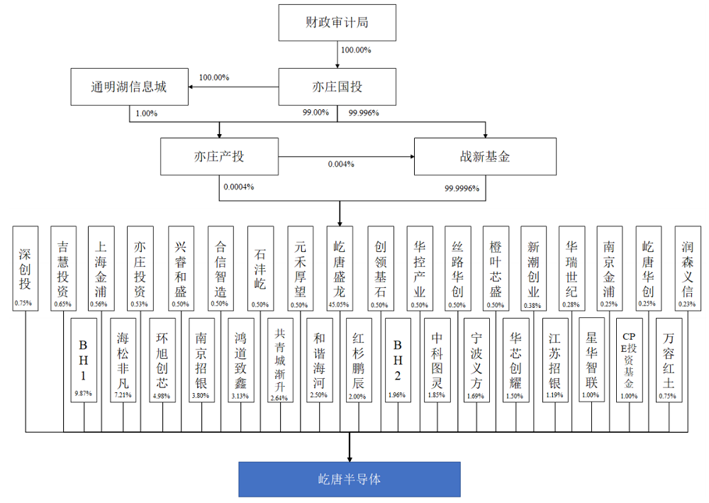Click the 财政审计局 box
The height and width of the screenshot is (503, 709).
point(337,23)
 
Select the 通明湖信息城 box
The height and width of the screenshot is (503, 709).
point(129,87)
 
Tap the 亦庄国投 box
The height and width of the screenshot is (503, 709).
point(337,87)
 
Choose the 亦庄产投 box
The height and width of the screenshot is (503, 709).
point(219,157)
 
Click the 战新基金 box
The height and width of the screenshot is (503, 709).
point(485,157)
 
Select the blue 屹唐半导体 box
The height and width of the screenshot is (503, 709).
point(350,480)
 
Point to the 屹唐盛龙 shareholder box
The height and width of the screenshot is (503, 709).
point(340,268)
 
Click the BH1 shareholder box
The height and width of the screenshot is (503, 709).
point(84,360)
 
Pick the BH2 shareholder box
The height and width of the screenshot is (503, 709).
point(398,360)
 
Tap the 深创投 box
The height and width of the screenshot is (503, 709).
point(26,268)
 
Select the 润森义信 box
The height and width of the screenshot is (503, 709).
point(688,268)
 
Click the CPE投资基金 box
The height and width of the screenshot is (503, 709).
point(629,360)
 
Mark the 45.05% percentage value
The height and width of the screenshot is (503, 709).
point(339,305)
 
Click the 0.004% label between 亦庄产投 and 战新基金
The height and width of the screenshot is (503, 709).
point(341,164)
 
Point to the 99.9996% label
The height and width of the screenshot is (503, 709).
point(462,188)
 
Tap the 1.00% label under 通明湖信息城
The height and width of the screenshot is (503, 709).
point(147,114)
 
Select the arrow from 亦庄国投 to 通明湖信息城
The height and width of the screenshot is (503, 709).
point(233,87)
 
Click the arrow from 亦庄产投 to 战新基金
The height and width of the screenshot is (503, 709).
point(347,157)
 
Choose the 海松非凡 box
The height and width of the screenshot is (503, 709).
point(123,360)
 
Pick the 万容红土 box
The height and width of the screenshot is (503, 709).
point(669,360)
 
